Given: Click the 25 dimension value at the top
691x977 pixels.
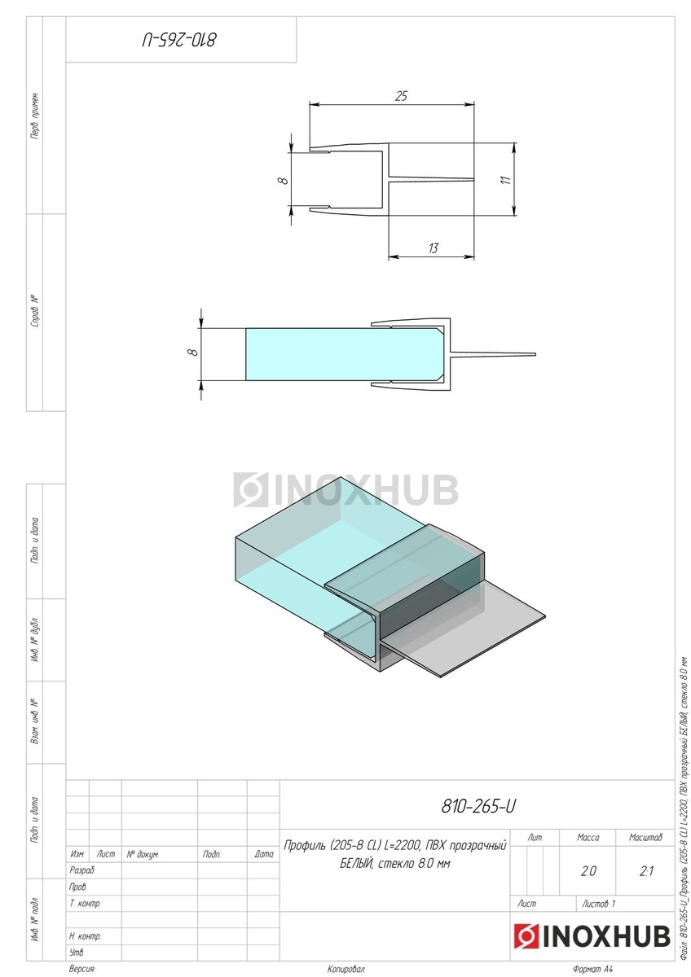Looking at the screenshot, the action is coord(401,96).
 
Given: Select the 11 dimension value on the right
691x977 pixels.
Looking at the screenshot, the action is coord(505,180).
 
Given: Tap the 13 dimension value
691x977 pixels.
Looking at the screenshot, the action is coord(433,248).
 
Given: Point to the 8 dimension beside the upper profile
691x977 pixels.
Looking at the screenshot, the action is coord(284,180).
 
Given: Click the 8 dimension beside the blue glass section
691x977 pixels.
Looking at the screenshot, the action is coord(194,351).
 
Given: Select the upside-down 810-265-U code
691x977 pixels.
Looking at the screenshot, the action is coord(179,40).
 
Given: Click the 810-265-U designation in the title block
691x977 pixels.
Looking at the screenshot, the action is coord(478,807).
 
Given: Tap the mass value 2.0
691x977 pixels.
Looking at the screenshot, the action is coord(588,871).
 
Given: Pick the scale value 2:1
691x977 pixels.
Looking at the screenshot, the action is coord(646,871).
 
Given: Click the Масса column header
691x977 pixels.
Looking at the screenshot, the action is coord(588,837).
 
